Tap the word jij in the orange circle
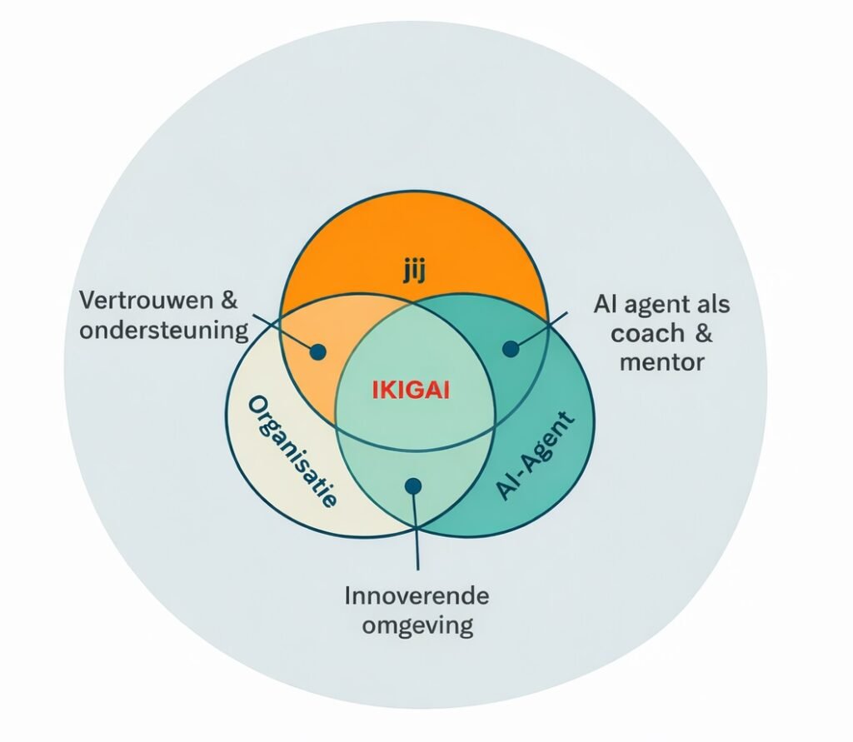413,272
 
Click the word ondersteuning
164,331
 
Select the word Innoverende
417,596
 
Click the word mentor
662,362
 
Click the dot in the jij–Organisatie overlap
317,351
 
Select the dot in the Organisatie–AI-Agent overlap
413,485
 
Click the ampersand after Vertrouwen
230,301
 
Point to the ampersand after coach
704,333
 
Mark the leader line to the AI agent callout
541,330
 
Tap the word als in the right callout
711,304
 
